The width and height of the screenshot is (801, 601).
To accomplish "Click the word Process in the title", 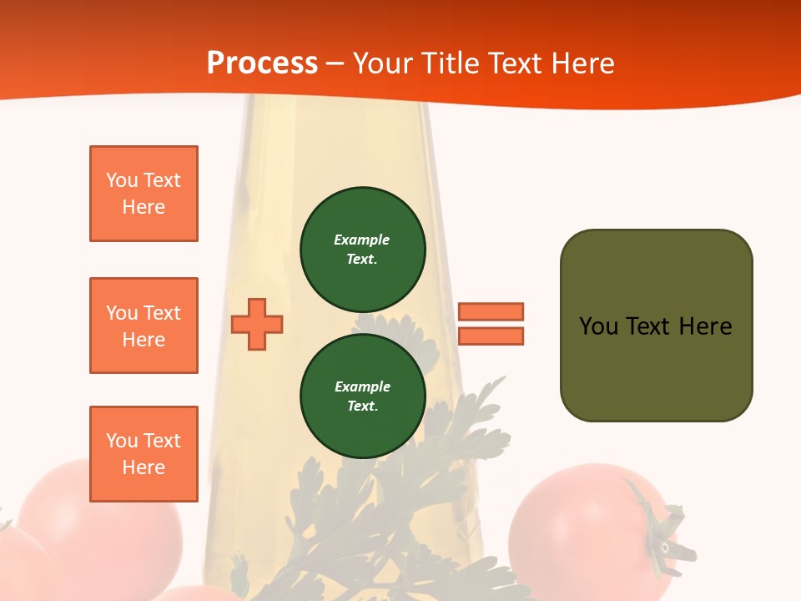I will [262, 63].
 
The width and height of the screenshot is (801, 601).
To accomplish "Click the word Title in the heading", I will [450, 63].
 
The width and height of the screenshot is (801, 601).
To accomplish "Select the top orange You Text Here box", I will [144, 194].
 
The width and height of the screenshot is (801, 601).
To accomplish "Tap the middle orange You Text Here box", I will [144, 326].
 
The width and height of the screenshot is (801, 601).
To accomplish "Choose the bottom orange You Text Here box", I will [144, 454].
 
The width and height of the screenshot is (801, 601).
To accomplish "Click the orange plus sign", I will [257, 324].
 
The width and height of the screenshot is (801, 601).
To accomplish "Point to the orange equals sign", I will [491, 324].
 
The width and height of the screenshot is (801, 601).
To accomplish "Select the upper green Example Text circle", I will [363, 250].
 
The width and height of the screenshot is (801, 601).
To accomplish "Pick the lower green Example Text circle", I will [363, 396].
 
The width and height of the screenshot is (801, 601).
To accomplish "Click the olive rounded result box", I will [656, 326].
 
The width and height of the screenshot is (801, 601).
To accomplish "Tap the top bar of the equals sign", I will [491, 311].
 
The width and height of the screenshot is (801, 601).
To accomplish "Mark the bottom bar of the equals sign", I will [491, 336].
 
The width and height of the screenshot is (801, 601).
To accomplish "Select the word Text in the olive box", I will [648, 326].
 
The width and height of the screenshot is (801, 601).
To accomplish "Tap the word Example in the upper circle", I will [362, 240].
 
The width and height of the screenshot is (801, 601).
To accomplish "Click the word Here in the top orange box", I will [144, 207].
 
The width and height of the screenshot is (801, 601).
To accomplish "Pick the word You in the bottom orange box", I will [122, 441].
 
